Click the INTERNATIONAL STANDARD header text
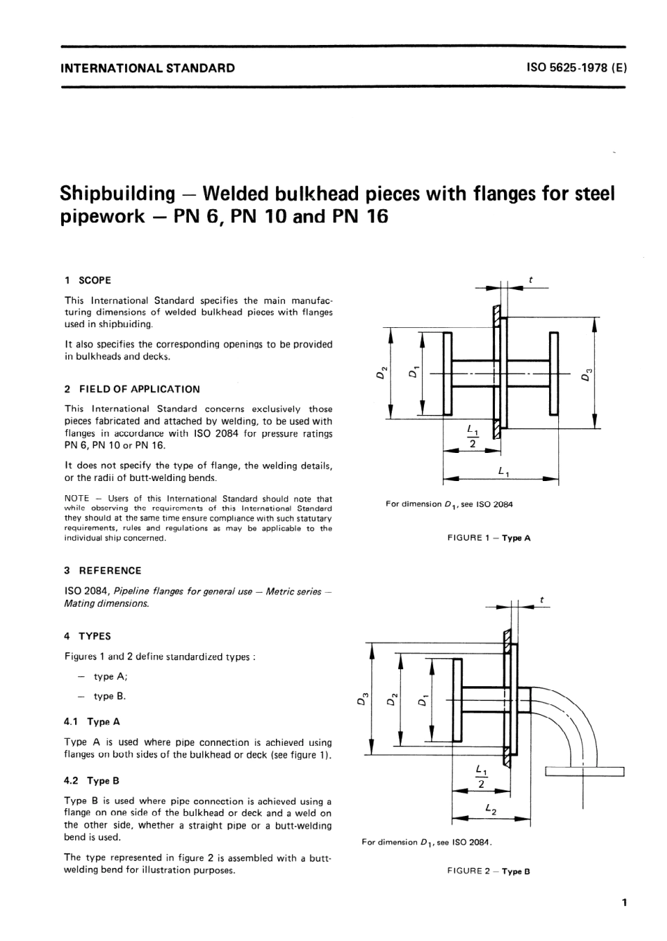(x=148, y=68)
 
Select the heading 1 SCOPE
(x=88, y=280)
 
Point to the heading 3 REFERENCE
(x=103, y=571)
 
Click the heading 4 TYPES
(x=87, y=636)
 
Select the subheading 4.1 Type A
(x=92, y=721)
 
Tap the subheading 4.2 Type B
(x=92, y=780)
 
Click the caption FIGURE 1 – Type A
(x=489, y=538)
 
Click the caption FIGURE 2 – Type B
(x=489, y=871)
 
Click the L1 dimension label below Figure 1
(x=503, y=473)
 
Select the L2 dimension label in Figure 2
(x=491, y=810)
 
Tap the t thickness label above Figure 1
(x=531, y=280)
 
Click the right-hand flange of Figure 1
(x=554, y=374)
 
